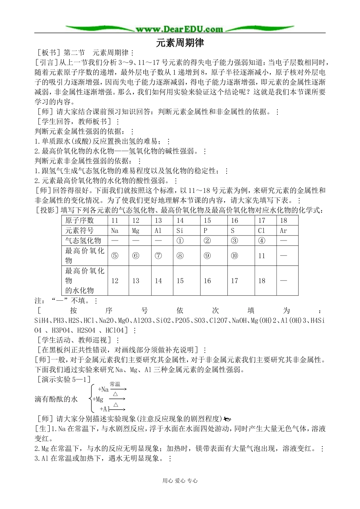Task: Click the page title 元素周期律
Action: pos(180,43)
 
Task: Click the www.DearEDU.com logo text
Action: pos(179,29)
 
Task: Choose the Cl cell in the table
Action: pos(261,230)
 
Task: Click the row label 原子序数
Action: pos(80,220)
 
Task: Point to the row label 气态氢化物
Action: pos(83,240)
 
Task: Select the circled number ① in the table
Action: pos(180,240)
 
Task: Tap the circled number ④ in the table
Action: pos(261,240)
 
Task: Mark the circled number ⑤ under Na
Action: pos(114,256)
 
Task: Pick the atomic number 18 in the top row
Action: pos(283,220)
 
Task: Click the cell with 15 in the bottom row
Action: pos(180,281)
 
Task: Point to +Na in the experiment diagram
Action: pos(103,389)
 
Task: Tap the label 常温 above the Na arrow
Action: pos(115,384)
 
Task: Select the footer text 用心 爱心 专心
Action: pos(180,481)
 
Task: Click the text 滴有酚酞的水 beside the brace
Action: pos(56,399)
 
